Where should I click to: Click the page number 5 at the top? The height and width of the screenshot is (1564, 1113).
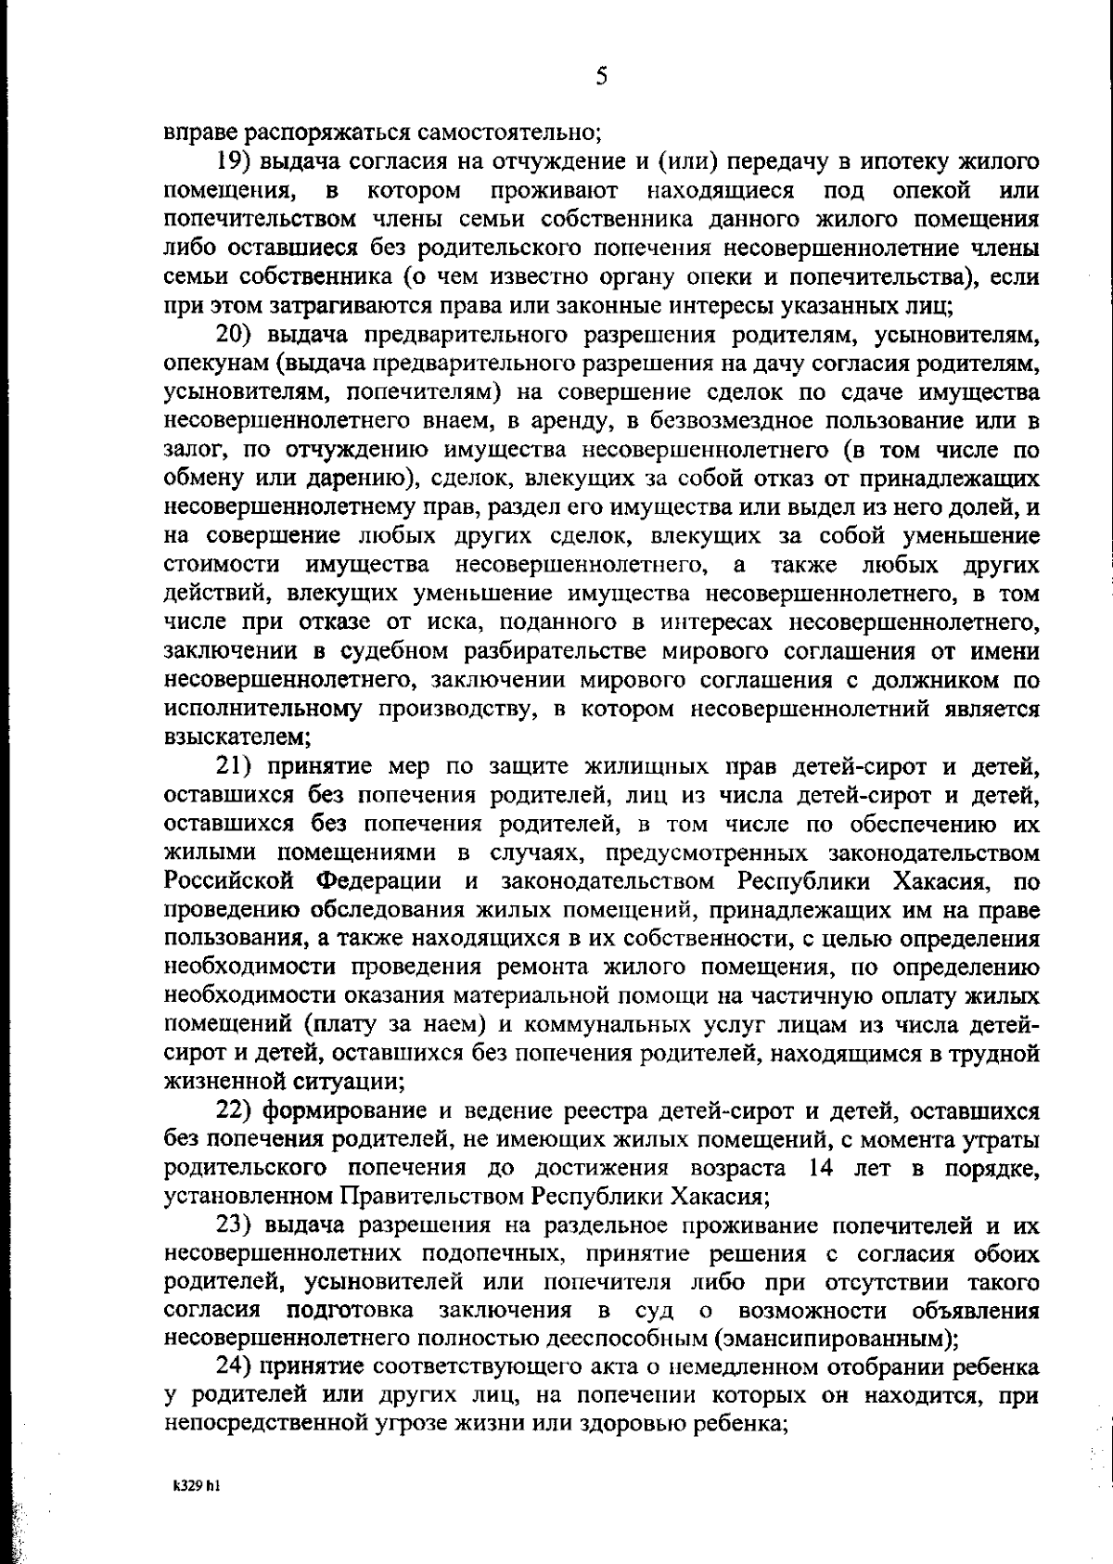(x=601, y=77)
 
